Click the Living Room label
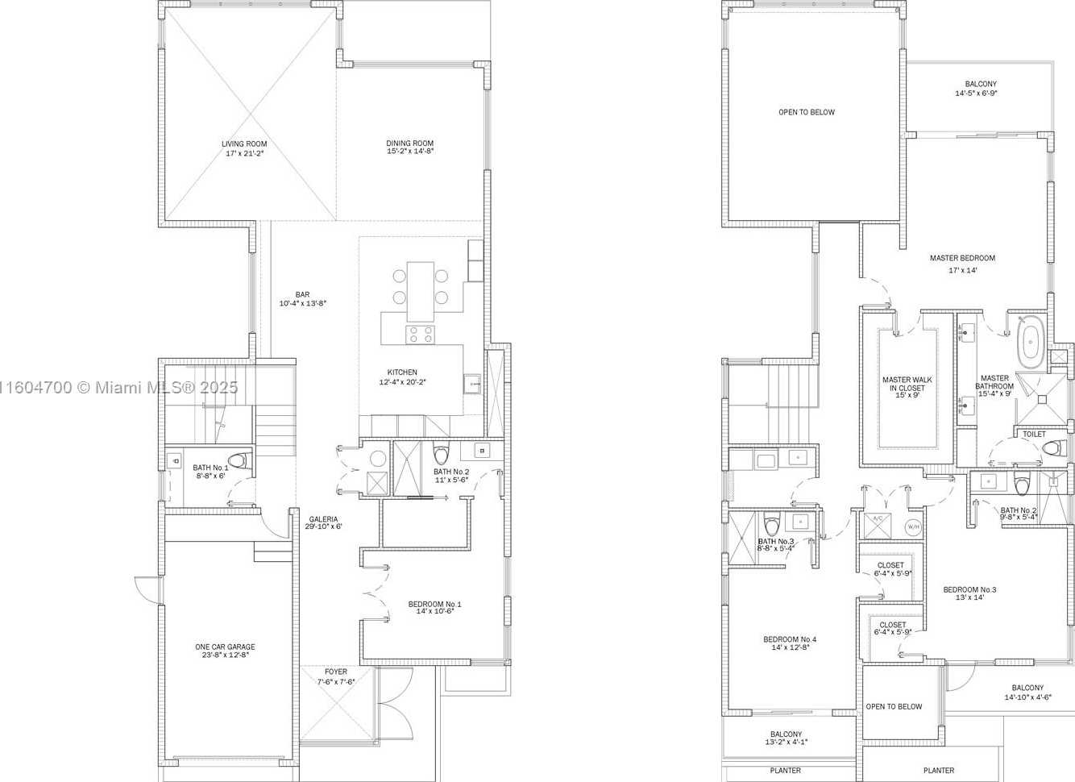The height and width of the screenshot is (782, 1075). click(x=244, y=144)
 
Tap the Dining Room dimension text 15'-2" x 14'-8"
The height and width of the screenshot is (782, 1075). click(x=410, y=152)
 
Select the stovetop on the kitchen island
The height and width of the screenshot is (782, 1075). click(x=420, y=335)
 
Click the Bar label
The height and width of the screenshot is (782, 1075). click(x=302, y=294)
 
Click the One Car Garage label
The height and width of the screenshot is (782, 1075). click(x=225, y=647)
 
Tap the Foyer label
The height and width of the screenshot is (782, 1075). click(x=335, y=672)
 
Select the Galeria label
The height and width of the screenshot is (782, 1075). click(x=323, y=519)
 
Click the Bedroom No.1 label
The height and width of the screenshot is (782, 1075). click(x=434, y=604)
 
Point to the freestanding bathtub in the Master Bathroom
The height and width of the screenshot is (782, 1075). click(x=1031, y=342)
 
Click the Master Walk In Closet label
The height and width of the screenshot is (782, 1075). click(x=907, y=384)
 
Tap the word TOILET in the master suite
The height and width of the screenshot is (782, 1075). click(x=1034, y=434)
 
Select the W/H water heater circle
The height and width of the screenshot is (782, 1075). click(x=913, y=527)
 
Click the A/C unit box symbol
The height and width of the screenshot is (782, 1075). click(x=878, y=525)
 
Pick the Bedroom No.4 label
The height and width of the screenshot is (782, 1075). click(x=790, y=639)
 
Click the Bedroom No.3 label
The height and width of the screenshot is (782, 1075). click(x=969, y=589)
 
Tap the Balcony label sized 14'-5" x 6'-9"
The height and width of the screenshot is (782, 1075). click(x=981, y=84)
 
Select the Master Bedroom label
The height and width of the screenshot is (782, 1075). click(x=962, y=258)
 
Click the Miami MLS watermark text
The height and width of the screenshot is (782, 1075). click(x=118, y=388)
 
